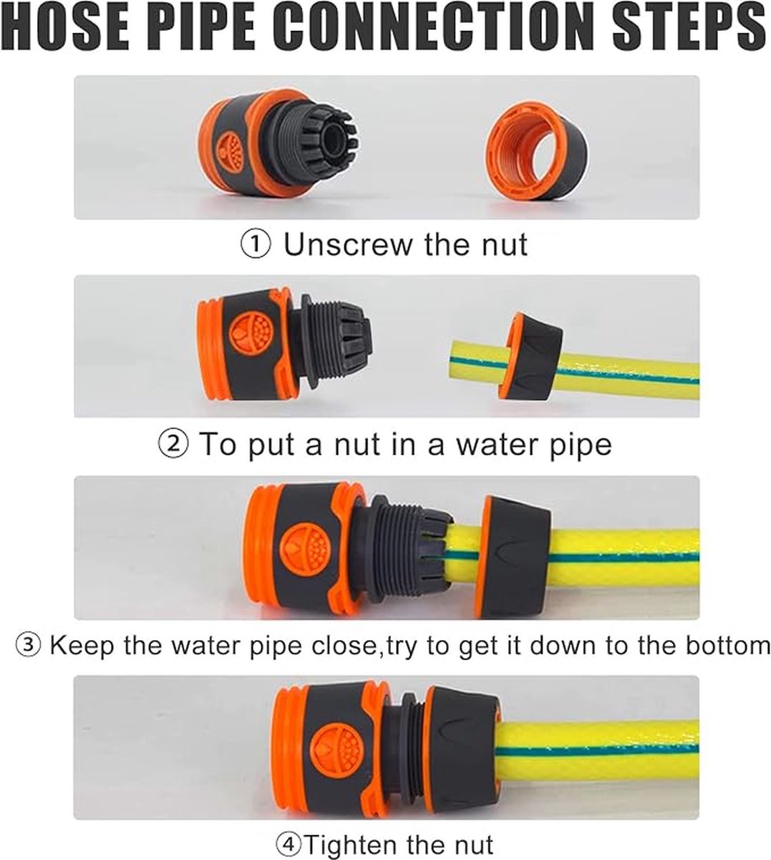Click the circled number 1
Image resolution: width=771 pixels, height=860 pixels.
coord(256,244)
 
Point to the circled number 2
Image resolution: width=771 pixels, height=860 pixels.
coord(173,444)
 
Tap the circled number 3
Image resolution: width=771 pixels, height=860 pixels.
coord(29,645)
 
